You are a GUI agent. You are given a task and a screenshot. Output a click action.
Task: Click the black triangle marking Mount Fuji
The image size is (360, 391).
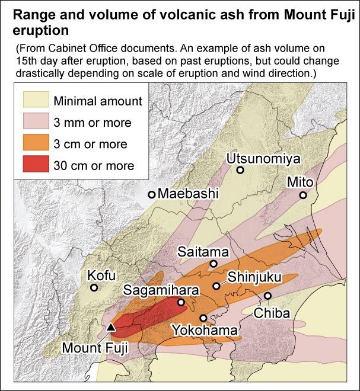pos(111,326)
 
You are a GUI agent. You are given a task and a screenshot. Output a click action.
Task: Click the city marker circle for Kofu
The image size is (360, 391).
pos(94,288)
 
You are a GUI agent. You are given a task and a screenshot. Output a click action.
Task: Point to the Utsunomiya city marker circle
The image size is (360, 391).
pos(240,170)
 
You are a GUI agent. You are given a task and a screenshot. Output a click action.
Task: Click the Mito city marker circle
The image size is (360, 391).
pos(303,195)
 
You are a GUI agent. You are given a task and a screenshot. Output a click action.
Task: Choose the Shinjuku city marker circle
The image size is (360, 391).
pos(216,286)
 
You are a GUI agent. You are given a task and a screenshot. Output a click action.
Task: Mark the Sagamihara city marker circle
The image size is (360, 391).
pos(181,302)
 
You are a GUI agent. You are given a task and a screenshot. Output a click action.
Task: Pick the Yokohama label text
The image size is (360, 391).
pos(205,330)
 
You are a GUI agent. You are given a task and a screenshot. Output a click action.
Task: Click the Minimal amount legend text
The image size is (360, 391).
pos(98,101)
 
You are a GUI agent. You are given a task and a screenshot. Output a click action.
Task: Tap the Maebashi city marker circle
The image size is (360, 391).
pos(152,194)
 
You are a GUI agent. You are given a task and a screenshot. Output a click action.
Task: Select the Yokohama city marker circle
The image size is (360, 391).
pos(203,318)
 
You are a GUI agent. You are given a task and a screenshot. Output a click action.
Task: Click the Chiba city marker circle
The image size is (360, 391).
pos(267,296)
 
